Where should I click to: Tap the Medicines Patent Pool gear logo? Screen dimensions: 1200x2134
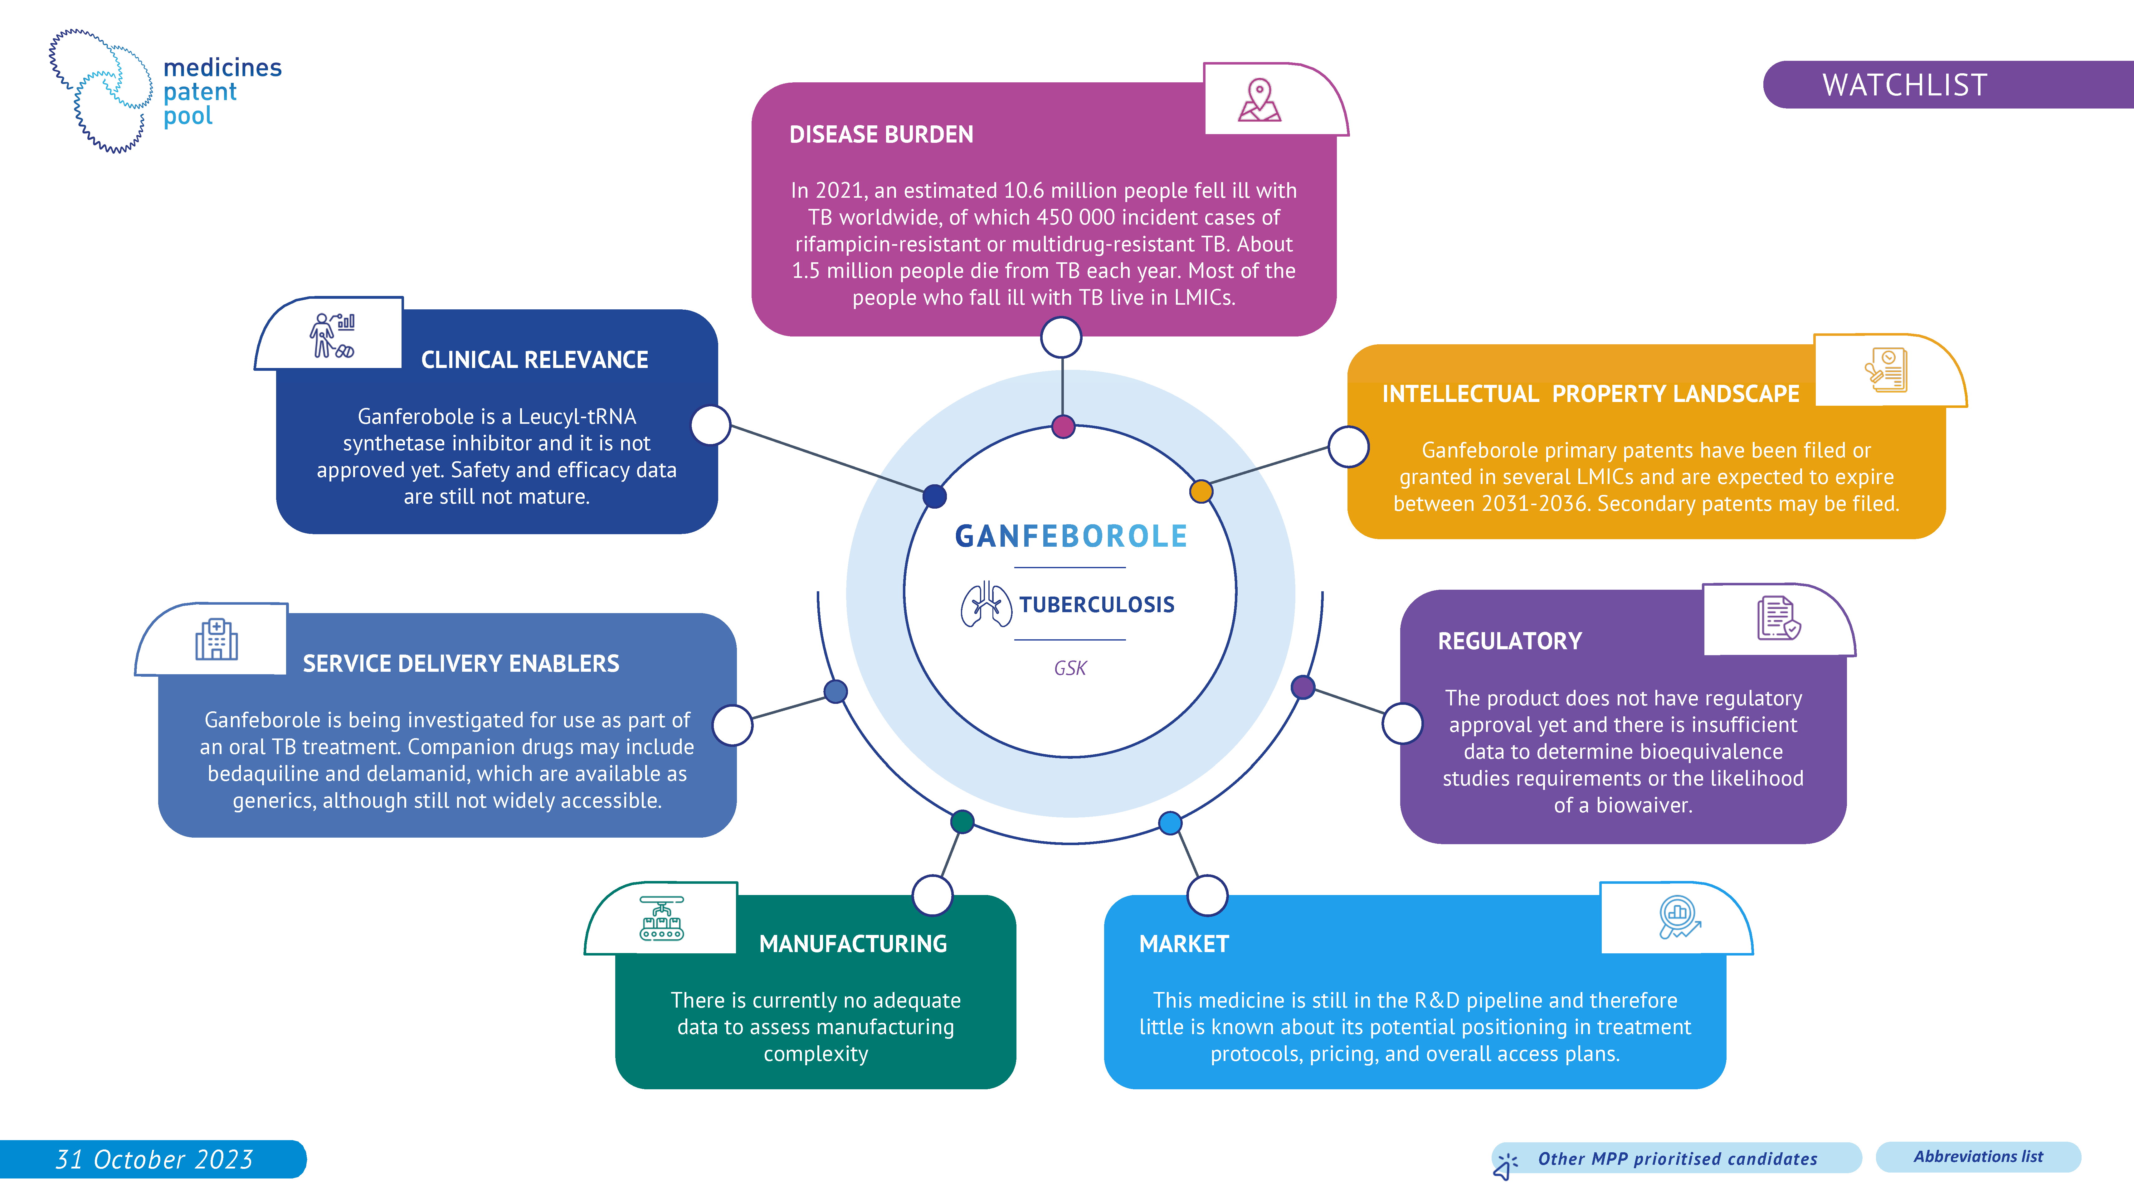(x=101, y=91)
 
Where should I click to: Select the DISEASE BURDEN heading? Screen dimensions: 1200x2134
(x=881, y=134)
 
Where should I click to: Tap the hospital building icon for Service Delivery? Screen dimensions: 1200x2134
(x=216, y=639)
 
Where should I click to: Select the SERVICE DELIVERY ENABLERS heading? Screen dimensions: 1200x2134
(x=460, y=663)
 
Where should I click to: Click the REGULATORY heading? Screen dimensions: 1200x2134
(x=1509, y=641)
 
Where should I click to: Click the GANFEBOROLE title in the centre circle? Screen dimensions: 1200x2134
(x=1071, y=537)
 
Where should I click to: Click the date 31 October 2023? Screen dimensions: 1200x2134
(x=154, y=1159)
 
